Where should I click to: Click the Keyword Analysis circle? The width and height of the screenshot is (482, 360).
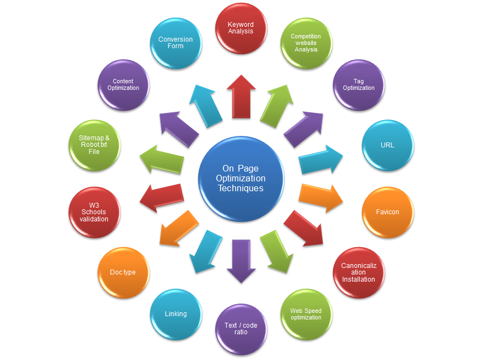point(241,28)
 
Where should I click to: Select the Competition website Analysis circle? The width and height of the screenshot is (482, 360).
point(306,43)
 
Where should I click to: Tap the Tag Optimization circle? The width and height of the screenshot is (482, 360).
point(359,85)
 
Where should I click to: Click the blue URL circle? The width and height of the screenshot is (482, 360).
point(387,146)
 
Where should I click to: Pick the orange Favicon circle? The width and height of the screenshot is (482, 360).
point(387,212)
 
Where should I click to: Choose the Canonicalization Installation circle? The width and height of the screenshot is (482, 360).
point(359,272)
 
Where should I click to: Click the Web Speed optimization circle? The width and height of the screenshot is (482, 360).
point(306,314)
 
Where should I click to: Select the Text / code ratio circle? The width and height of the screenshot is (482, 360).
point(241,329)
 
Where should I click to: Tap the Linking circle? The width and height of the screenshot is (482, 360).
point(176,314)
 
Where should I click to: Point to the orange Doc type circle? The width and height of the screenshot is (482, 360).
point(123,272)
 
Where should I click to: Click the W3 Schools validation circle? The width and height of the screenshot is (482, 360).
point(94,212)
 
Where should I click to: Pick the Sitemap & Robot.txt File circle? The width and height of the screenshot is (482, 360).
point(94,146)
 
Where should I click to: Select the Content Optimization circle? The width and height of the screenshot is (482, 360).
point(123,85)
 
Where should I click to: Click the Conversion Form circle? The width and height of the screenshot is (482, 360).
point(176,43)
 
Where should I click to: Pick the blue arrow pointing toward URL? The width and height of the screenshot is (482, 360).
point(321,159)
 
